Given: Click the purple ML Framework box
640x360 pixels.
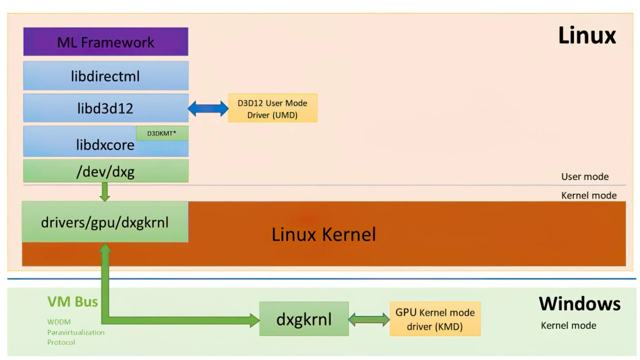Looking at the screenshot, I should pos(105,42).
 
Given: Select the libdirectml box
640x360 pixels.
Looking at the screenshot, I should pos(105,76).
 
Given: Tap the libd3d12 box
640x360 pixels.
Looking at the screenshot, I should pos(105,108).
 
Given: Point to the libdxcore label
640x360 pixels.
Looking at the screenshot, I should pos(105,144).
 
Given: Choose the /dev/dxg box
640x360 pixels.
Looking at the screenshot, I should pos(105,171).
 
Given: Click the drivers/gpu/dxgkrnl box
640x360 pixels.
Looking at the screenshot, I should pos(105,222).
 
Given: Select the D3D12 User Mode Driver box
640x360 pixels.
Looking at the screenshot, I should pos(273,108).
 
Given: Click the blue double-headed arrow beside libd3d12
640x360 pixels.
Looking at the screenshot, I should pos(208,108).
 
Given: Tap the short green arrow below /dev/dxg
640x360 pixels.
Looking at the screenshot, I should pos(105,192).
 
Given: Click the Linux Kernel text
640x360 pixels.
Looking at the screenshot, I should pos(324,234).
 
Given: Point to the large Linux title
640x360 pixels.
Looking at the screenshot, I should pos(587,35).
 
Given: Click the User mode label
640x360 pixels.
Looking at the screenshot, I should pos(585,177).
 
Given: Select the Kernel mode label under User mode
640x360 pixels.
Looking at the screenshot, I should pos(589,196).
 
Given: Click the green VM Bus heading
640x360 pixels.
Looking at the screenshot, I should pos(73,302).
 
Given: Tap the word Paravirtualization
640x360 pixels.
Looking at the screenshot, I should pos(76,332).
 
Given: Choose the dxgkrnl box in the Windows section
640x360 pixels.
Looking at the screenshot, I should pos(304,319).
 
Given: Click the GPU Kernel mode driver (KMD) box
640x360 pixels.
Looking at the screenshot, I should pos(435,319).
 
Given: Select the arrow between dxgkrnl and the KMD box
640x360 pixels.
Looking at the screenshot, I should pos(369,319).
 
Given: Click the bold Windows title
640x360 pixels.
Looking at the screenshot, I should pos(579,304).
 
